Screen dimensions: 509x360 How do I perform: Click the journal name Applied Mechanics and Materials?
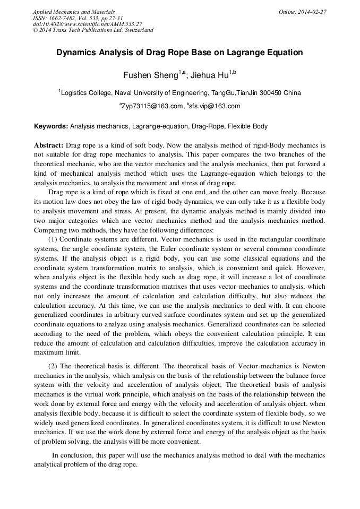point(73,11)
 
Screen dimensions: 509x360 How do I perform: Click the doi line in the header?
point(88,24)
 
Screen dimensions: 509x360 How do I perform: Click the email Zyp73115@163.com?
point(152,106)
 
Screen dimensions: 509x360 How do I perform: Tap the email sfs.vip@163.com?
point(215,106)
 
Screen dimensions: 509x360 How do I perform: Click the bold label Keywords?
point(51,127)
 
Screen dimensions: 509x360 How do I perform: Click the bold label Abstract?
point(49,145)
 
